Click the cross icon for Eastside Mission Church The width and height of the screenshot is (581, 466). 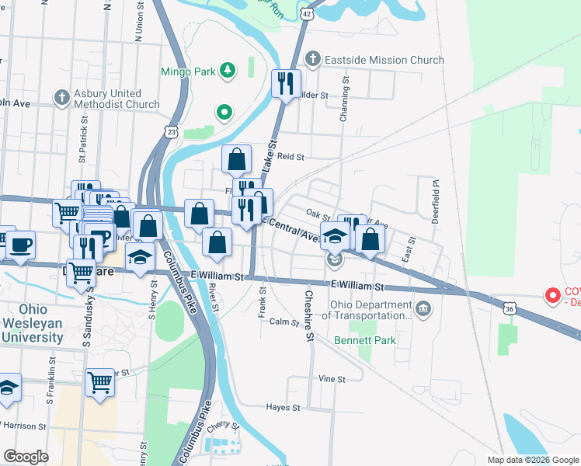(x=313, y=59)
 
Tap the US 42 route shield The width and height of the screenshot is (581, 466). (x=307, y=14)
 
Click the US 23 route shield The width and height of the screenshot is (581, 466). (x=172, y=132)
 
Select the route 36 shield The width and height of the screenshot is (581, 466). (x=509, y=308)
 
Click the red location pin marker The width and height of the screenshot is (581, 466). (x=553, y=295)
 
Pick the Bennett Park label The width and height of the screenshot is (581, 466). (x=365, y=340)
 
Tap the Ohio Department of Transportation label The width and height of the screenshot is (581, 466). (x=371, y=310)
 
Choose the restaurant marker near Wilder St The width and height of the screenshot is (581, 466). (x=286, y=84)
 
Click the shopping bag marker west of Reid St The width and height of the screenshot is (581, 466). (x=237, y=159)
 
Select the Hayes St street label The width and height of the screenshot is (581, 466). (x=283, y=407)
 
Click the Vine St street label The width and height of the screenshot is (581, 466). (x=331, y=379)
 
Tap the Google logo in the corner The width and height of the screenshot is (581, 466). (x=25, y=457)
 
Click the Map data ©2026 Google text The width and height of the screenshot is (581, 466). (x=531, y=460)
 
